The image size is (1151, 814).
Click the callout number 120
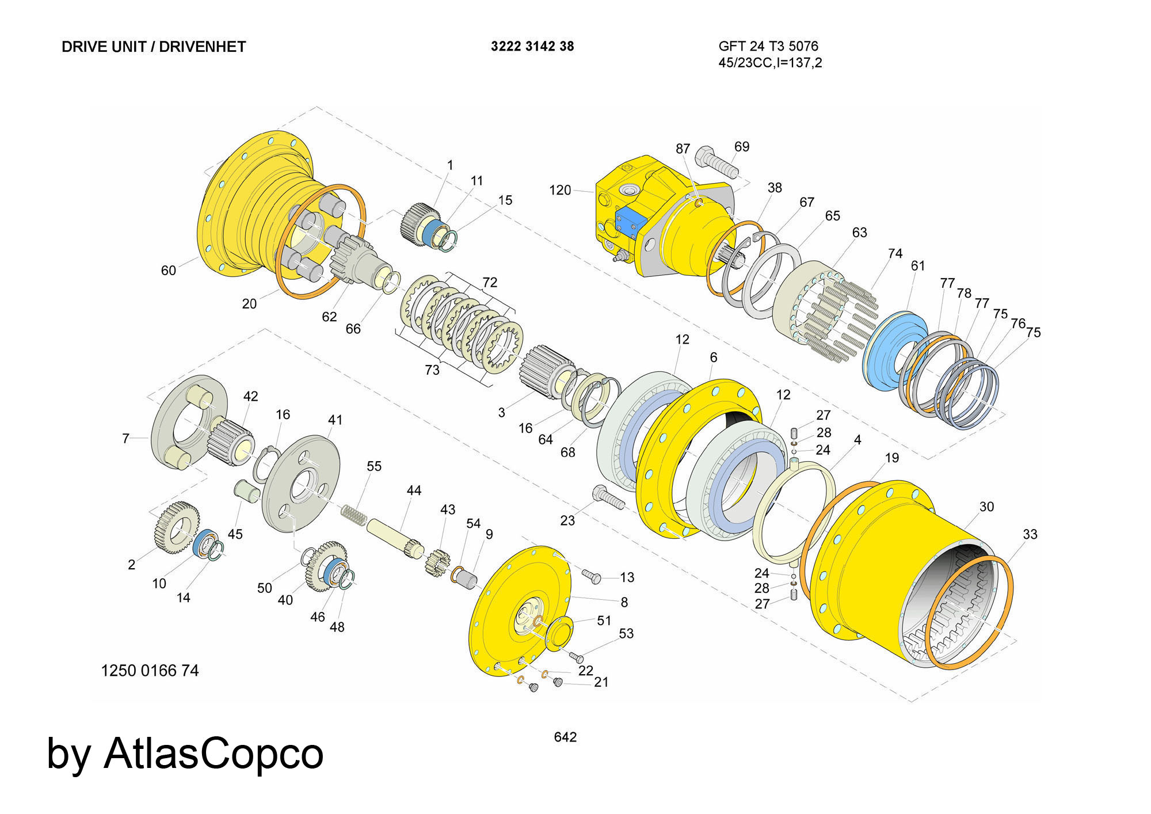click(559, 190)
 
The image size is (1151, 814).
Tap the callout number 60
click(168, 270)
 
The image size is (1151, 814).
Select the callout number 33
click(1030, 534)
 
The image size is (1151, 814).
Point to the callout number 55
click(374, 466)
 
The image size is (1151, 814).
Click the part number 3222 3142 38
click(532, 47)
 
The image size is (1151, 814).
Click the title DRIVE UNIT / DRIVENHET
click(154, 47)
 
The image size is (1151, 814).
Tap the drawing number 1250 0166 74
click(150, 671)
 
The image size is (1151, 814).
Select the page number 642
click(565, 737)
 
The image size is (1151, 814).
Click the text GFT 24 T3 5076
click(768, 46)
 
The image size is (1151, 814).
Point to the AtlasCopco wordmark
click(185, 754)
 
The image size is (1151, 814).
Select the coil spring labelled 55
click(353, 514)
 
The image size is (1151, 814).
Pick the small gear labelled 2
click(176, 527)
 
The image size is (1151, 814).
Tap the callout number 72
click(490, 283)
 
